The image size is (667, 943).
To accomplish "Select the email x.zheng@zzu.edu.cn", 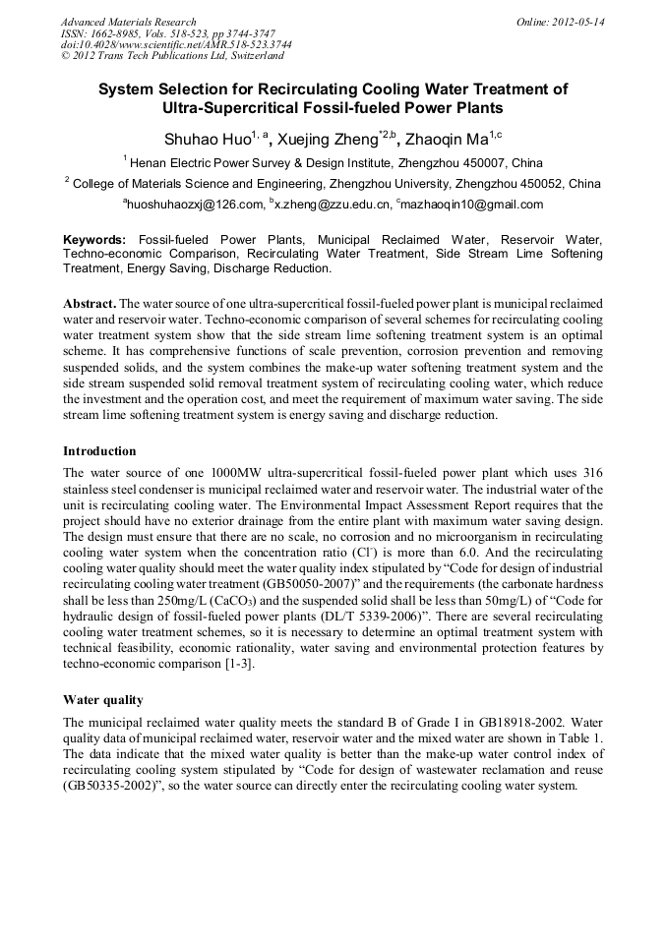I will [x=331, y=205].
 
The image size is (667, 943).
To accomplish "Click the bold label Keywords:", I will [x=94, y=240].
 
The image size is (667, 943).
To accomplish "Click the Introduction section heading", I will [x=99, y=451].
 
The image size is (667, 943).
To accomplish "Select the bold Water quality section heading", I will [x=103, y=700].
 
